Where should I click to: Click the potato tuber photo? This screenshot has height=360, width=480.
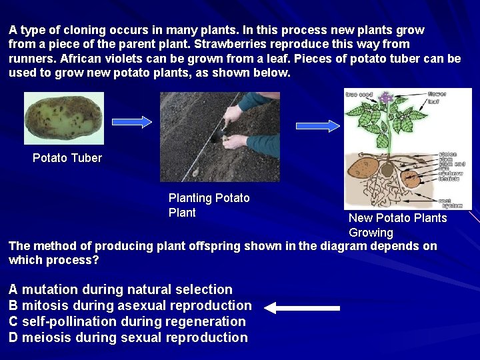point(64,118)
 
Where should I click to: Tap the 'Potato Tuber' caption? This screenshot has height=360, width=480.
point(67,158)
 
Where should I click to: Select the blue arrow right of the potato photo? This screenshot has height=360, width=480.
point(131,121)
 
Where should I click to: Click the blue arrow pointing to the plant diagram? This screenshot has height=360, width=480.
point(317,125)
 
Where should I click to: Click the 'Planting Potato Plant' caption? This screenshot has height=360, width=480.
point(209,205)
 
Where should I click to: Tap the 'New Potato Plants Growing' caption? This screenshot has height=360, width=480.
point(397,225)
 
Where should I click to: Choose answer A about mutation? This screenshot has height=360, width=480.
point(121,289)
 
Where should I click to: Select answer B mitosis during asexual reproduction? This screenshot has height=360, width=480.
point(130,305)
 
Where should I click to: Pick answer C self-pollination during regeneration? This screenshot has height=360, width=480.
point(127,321)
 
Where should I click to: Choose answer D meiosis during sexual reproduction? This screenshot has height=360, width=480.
point(128,337)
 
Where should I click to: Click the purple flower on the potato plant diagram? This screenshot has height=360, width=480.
point(385,99)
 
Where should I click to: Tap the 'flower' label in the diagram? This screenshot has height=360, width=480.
point(437,94)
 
